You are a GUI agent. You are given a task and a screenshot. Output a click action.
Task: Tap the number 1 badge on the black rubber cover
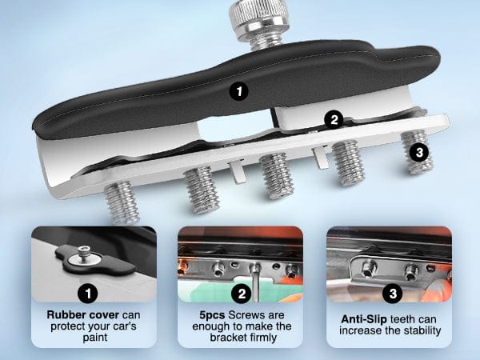tap(239, 91)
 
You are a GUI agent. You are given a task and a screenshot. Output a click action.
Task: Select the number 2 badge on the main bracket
tap(334, 119)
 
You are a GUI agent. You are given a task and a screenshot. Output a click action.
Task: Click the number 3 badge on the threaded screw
tap(419, 152)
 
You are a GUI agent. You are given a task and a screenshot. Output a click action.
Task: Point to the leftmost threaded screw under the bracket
tap(122, 202)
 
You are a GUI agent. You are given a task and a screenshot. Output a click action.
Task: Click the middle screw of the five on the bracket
tap(277, 176)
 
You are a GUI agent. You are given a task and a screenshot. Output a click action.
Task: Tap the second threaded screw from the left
tap(202, 190)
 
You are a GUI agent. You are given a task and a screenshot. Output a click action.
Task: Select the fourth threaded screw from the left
tap(349, 163)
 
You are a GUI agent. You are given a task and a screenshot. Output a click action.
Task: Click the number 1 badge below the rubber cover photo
tap(88, 294)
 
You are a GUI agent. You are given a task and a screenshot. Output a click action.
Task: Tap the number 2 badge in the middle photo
tap(242, 294)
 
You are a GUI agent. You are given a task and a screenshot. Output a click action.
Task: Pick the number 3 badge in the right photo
tap(393, 294)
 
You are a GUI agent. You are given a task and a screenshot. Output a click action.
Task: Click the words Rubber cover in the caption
tap(82, 314)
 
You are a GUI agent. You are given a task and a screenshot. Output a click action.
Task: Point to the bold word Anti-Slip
tap(364, 319)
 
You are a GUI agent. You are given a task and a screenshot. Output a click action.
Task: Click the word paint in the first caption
tap(95, 338)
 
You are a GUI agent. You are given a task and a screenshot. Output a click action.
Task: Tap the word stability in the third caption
tap(422, 330)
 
